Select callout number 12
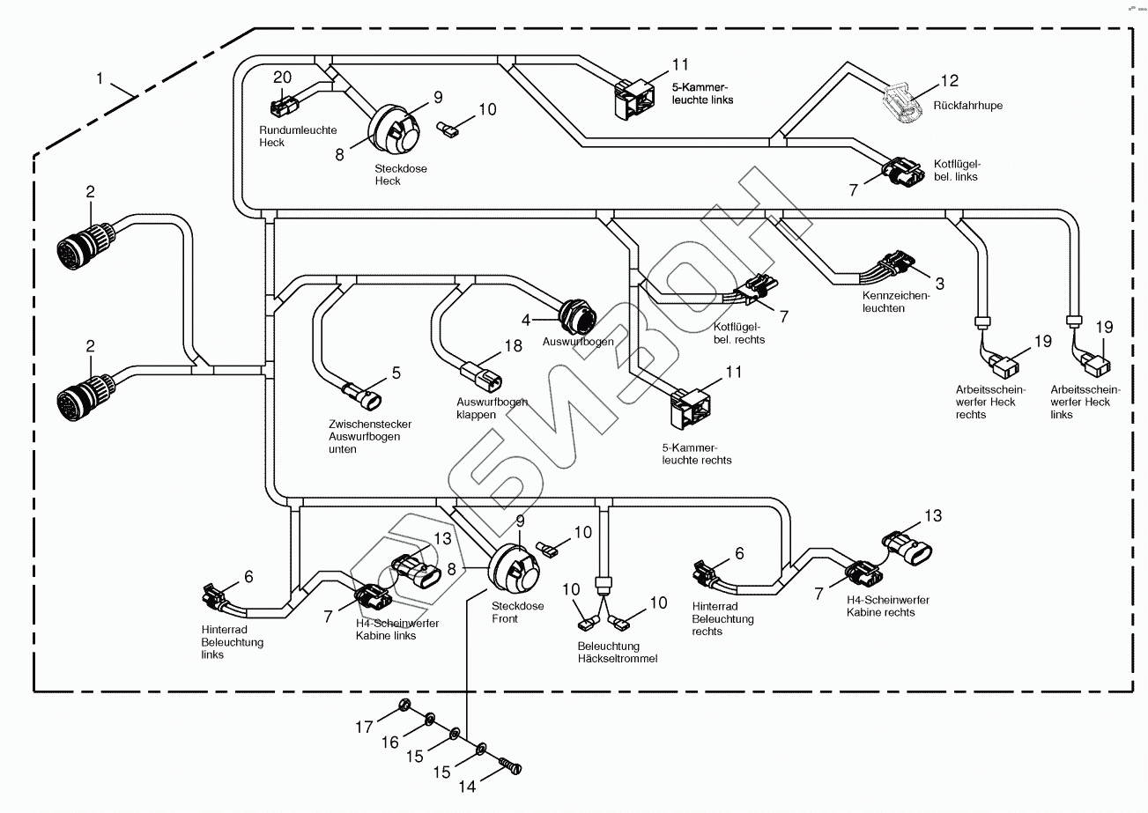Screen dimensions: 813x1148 pyautogui.click(x=949, y=81)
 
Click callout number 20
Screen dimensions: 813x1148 pyautogui.click(x=281, y=77)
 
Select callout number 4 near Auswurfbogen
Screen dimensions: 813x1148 pyautogui.click(x=526, y=320)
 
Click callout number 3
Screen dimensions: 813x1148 pyautogui.click(x=939, y=284)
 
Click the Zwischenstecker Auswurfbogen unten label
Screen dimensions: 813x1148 pyautogui.click(x=369, y=436)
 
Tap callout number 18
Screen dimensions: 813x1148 pyautogui.click(x=513, y=346)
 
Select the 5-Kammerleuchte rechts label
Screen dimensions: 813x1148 pyautogui.click(x=696, y=454)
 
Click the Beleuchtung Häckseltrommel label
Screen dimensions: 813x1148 pyautogui.click(x=618, y=652)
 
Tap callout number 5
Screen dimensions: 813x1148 pyautogui.click(x=396, y=373)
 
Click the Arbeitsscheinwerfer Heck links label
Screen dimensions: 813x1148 pyautogui.click(x=1085, y=402)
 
